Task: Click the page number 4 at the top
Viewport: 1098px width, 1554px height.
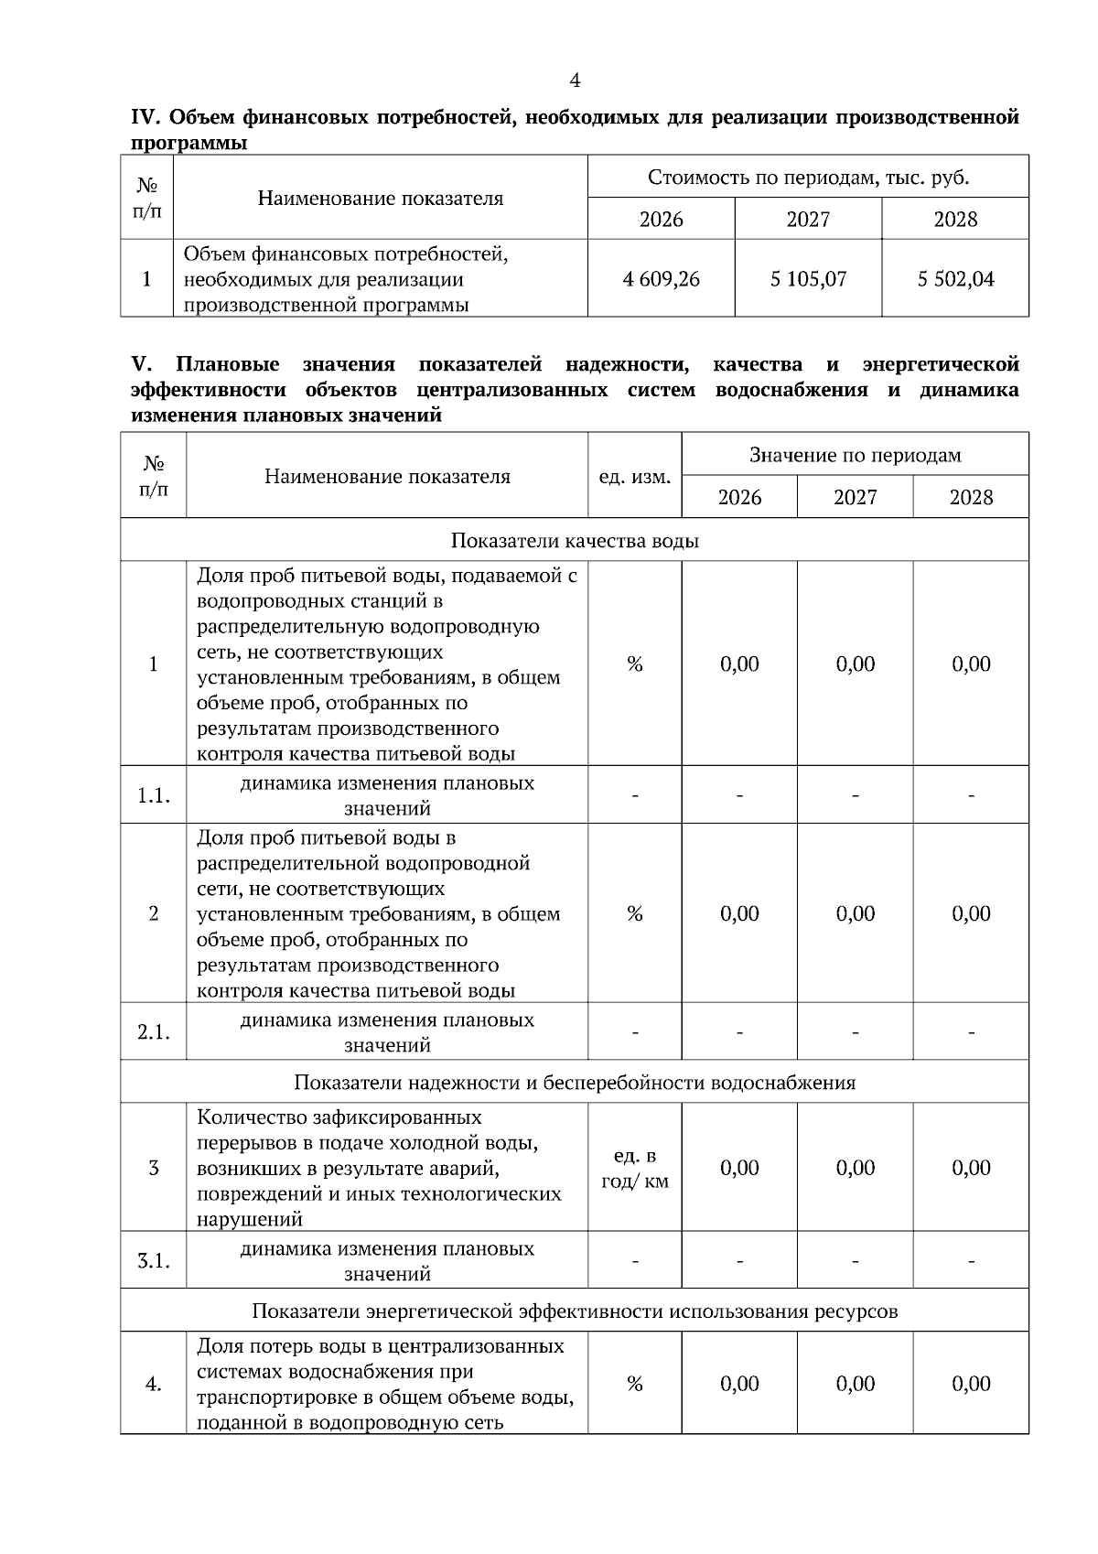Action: click(x=575, y=81)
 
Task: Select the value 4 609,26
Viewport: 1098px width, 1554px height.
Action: click(x=661, y=279)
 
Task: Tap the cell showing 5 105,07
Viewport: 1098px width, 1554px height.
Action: click(x=808, y=279)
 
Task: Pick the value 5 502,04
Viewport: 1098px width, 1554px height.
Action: click(x=955, y=279)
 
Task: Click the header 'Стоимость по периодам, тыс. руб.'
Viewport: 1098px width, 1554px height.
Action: click(x=808, y=178)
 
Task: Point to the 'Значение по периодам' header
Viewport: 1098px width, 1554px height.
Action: click(x=855, y=455)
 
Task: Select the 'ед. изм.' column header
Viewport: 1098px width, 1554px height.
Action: click(x=634, y=477)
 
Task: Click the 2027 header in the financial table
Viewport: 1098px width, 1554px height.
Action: click(x=808, y=220)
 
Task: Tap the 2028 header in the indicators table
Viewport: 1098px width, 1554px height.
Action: click(x=970, y=497)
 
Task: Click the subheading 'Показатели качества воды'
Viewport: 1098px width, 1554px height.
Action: click(x=575, y=541)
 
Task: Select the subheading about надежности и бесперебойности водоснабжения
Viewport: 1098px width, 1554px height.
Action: click(x=575, y=1083)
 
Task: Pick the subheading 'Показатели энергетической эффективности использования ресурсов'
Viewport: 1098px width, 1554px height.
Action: click(x=575, y=1311)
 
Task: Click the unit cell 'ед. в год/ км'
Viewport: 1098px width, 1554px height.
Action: click(x=634, y=1168)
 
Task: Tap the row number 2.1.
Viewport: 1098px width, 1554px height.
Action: click(x=154, y=1032)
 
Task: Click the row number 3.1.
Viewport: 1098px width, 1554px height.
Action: click(x=154, y=1261)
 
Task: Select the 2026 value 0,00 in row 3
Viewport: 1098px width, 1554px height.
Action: click(x=739, y=1168)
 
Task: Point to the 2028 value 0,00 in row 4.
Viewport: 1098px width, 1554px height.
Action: click(x=971, y=1384)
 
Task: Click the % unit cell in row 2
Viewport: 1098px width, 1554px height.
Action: click(x=634, y=914)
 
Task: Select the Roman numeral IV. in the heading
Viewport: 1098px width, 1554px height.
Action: click(x=146, y=118)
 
